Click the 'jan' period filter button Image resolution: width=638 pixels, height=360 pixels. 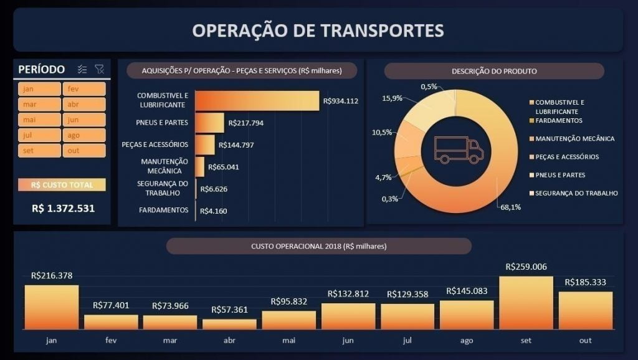point(39,89)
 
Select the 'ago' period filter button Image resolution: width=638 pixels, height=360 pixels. point(83,135)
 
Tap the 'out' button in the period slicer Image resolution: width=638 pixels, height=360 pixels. point(83,151)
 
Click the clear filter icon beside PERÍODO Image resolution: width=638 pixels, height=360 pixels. point(99,69)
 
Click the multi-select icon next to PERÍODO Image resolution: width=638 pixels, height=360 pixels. point(82,69)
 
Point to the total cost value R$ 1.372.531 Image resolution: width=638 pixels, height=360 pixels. point(63,208)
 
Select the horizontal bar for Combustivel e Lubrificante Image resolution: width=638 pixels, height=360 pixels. point(257,100)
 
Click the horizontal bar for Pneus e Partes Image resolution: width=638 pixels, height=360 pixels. point(210,123)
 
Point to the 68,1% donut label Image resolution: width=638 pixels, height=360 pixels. point(510,207)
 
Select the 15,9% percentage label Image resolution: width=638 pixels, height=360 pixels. point(391,98)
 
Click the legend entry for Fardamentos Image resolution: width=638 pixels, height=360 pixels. point(558,120)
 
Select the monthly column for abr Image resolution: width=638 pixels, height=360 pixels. point(229,324)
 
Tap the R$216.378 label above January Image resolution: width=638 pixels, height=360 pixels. point(52,275)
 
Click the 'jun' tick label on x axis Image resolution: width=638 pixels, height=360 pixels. point(348,340)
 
